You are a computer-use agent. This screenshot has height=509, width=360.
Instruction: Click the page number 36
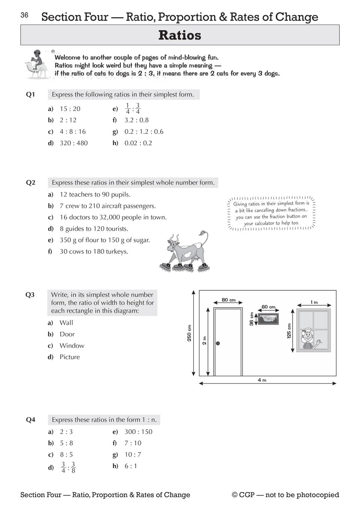(24, 15)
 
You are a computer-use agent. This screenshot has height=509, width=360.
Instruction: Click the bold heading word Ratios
(180, 35)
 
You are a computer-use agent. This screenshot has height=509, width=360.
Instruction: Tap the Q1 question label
(30, 95)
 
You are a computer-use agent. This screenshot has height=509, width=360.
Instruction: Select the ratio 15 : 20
(70, 109)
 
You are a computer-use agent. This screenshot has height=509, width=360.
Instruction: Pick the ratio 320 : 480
(74, 143)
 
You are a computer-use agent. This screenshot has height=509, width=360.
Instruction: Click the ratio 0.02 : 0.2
(138, 143)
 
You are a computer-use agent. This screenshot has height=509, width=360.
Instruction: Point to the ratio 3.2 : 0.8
(136, 120)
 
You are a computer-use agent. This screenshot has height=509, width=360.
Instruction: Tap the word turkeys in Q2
(117, 252)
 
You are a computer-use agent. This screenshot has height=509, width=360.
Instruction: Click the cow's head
(173, 246)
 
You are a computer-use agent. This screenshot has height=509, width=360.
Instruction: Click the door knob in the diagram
(218, 343)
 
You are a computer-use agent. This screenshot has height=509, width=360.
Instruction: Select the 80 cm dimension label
(229, 300)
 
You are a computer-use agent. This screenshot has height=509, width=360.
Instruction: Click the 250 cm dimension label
(189, 333)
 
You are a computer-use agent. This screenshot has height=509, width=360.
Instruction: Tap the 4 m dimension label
(262, 380)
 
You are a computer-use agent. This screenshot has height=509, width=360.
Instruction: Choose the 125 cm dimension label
(289, 331)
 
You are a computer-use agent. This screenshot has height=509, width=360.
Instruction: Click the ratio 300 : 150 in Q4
(138, 432)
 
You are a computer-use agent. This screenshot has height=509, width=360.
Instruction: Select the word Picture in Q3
(70, 357)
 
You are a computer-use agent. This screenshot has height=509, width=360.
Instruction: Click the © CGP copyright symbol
(235, 495)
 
